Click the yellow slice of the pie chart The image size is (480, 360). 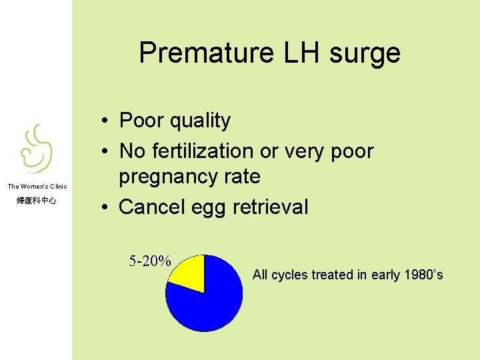(x=189, y=273)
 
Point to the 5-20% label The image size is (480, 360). (x=150, y=261)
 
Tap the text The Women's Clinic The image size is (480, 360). (x=37, y=187)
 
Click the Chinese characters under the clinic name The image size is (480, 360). (x=37, y=201)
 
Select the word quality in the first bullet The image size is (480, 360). (x=199, y=121)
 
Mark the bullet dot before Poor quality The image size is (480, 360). (x=106, y=121)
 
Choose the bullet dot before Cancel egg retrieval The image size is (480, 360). (x=106, y=207)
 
